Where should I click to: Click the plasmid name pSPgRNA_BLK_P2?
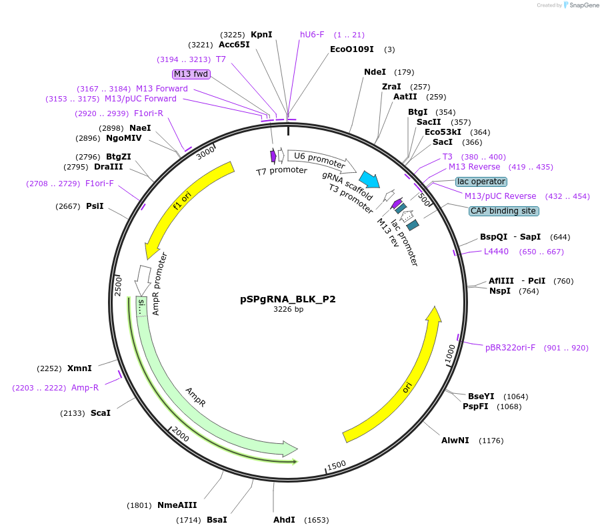[287, 299]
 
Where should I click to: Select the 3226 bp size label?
[288, 310]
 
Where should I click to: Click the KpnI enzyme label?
[261, 35]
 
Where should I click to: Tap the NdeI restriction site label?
[375, 72]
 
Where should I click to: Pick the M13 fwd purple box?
[191, 73]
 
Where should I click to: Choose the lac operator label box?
[481, 182]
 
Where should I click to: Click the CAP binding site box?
[503, 211]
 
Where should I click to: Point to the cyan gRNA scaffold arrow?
[369, 179]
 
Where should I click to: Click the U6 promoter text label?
[319, 160]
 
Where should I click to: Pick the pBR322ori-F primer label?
[510, 348]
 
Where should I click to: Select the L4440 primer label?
[496, 252]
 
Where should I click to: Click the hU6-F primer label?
[312, 35]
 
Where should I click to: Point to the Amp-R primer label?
[85, 388]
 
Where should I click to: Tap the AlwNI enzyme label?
[455, 441]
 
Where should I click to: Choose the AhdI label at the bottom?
[284, 520]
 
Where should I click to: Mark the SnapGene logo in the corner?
[578, 5]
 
